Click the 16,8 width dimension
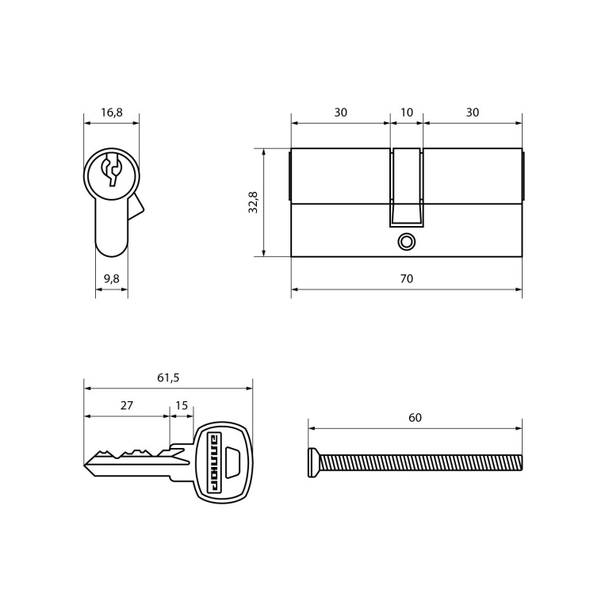point(112,113)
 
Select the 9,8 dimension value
point(112,279)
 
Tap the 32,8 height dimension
point(253,202)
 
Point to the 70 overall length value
point(407,279)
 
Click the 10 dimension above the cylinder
point(407,113)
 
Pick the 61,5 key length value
point(168,378)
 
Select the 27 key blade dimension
point(127,406)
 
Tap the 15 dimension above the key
point(182,406)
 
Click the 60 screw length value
point(415,418)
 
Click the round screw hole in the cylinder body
point(407,242)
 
